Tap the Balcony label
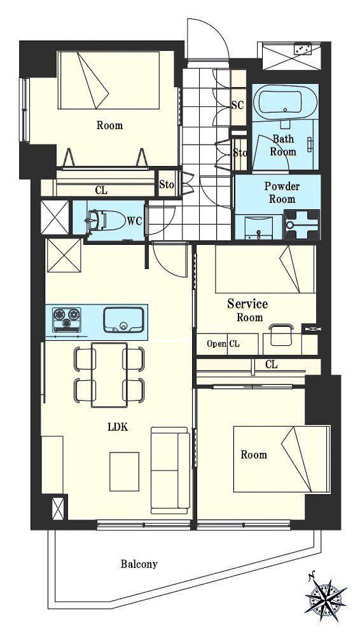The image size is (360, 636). point(139,563)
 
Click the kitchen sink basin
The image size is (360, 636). point(124,320)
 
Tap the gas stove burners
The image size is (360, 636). point(67,318)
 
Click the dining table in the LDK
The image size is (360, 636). point(109,375)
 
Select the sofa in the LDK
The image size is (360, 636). point(170,470)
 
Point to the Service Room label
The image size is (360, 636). point(247,310)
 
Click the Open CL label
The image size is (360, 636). point(223,344)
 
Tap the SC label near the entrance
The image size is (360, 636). point(238,105)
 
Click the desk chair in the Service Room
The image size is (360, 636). point(281,335)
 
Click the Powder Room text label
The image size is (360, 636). point(282,193)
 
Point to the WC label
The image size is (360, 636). point(134,221)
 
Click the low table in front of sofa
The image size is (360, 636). point(124,471)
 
